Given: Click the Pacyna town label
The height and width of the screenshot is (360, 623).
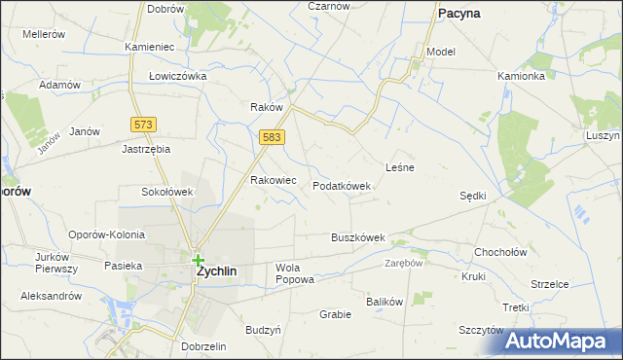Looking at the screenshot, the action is pos(464,14).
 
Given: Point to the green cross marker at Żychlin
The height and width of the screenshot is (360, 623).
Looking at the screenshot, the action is pos(199,260).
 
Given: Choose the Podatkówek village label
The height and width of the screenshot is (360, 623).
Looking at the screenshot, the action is pos(342,186).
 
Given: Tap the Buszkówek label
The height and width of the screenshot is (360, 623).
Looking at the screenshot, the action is pos(358,237).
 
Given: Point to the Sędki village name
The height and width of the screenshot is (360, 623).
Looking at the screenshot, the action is pos(473,196).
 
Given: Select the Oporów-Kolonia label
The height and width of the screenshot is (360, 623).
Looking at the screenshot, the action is pos(106,234).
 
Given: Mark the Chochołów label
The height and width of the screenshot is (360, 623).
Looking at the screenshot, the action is pos(500,252).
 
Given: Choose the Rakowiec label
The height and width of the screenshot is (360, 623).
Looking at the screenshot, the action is pos(274,180).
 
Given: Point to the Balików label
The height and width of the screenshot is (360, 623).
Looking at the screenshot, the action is pos(385,302).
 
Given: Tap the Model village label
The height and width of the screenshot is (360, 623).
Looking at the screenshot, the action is pos(441,52).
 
